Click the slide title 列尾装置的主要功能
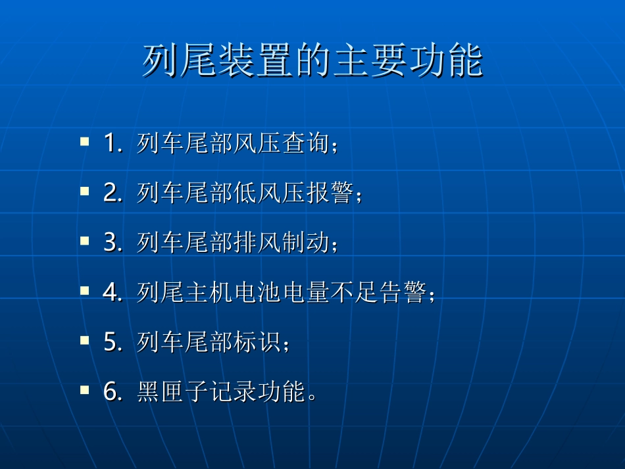click(x=312, y=62)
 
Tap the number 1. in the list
click(x=113, y=143)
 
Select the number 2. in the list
click(x=113, y=193)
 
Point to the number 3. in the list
click(x=113, y=243)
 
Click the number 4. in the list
click(x=113, y=293)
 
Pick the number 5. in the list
click(x=113, y=343)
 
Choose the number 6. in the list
click(x=113, y=393)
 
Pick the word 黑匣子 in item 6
click(x=172, y=393)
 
